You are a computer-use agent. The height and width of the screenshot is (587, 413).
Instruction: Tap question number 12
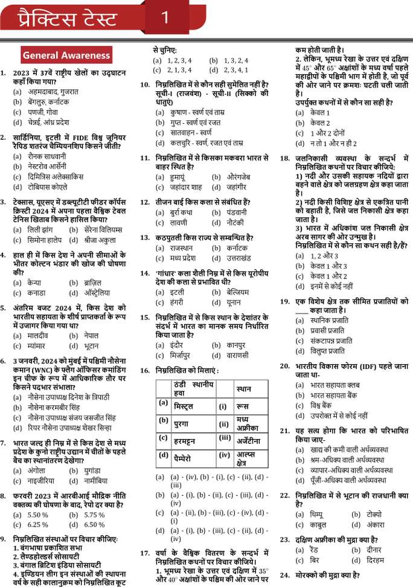(x=145, y=202)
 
